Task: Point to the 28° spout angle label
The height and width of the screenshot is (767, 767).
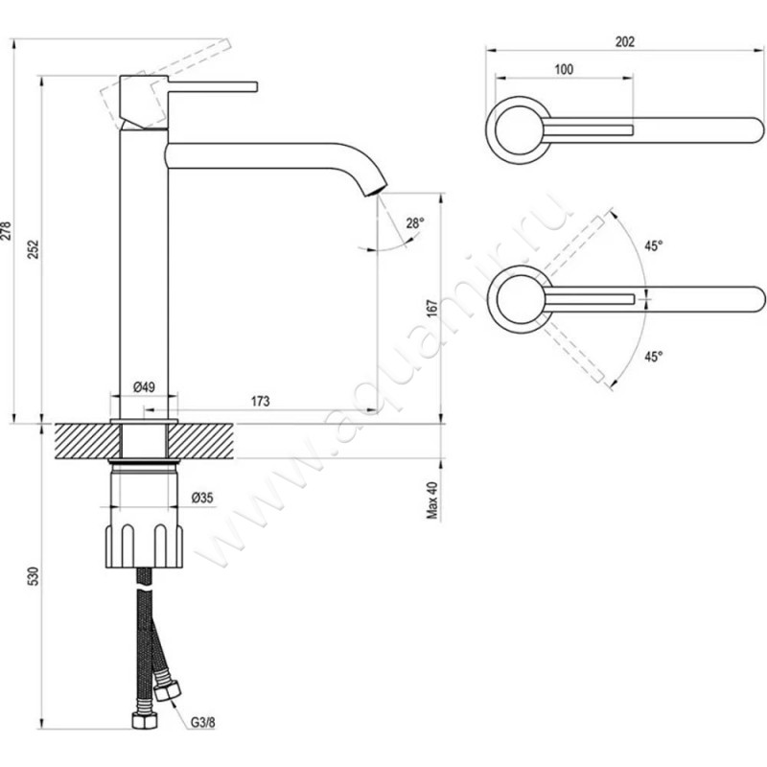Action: [413, 222]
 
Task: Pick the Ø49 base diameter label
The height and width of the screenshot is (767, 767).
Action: [144, 386]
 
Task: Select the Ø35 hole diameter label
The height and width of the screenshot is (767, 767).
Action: [201, 497]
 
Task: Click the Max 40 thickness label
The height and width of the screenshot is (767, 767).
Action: [432, 500]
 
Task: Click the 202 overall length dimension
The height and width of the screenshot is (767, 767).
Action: [625, 41]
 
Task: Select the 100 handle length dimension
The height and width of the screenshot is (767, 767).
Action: [564, 69]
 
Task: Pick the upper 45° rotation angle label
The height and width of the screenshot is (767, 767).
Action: [653, 246]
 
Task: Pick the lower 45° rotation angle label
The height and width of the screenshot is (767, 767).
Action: [653, 357]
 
